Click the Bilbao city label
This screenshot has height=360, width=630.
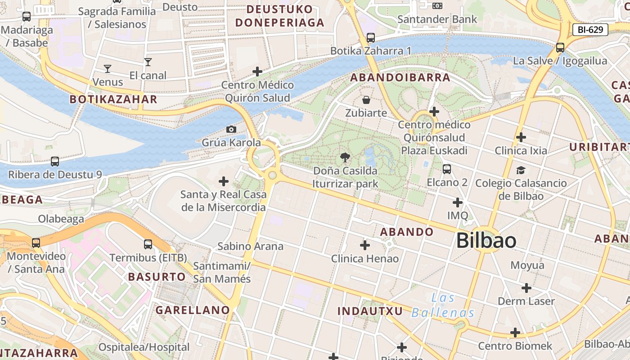[486, 241]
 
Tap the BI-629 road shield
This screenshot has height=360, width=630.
[590, 30]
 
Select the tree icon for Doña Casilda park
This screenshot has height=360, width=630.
[345, 157]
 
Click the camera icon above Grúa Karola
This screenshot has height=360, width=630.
[231, 130]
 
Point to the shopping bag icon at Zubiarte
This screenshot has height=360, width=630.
[366, 99]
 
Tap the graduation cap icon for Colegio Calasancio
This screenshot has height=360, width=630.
[521, 170]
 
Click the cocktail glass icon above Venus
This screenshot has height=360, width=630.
[107, 69]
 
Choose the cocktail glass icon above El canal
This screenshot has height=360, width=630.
[148, 62]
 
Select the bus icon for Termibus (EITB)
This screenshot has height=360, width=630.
[148, 244]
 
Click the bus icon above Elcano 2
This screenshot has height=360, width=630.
[446, 169]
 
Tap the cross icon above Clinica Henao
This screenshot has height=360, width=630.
[365, 245]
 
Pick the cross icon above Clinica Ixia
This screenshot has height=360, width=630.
[521, 137]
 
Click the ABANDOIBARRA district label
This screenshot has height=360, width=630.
[400, 77]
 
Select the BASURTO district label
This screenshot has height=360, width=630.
[157, 277]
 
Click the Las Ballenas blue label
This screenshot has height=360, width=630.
[443, 306]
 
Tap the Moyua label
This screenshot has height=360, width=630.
[527, 265]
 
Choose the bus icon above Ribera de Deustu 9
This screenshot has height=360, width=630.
[55, 161]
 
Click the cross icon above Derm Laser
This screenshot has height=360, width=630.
[526, 288]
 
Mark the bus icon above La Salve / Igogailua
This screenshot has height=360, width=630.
[560, 47]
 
